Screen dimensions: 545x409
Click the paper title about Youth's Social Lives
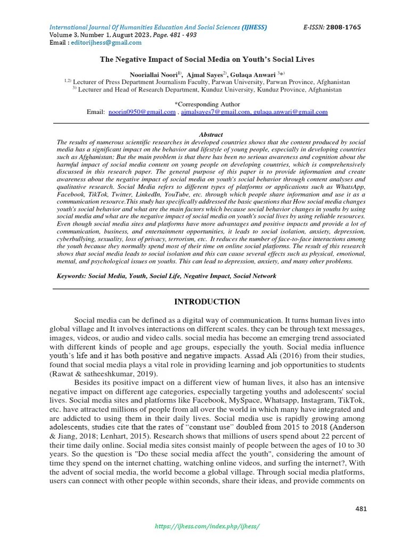click(208, 60)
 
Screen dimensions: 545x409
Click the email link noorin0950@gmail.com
click(142, 112)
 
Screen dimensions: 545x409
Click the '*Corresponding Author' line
click(207, 104)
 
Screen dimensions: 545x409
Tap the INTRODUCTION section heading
click(208, 302)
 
